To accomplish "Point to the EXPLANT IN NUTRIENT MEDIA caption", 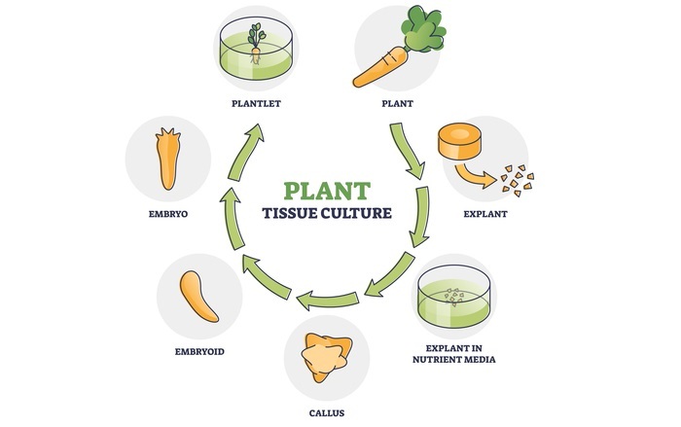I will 455,353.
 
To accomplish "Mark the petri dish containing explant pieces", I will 453,300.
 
